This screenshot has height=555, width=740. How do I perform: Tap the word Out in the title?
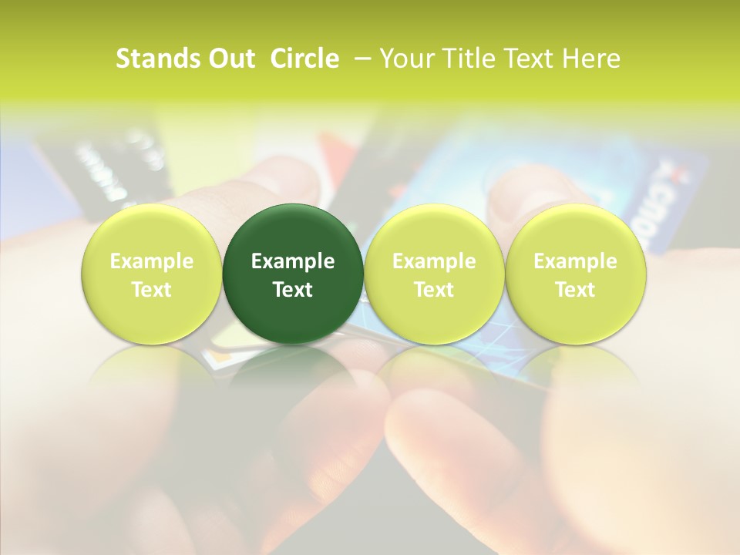click(230, 59)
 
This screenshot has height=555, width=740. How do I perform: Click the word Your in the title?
click(407, 59)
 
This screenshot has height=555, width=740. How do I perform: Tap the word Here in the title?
click(590, 59)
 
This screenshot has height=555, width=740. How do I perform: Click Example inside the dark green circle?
click(293, 261)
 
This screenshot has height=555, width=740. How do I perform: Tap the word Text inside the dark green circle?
click(293, 290)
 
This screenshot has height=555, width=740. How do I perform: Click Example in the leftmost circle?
click(152, 261)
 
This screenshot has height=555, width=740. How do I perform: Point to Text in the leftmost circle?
click(152, 290)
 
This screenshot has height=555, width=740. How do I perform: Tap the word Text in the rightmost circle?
click(575, 290)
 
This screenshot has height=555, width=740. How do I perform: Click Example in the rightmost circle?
click(575, 261)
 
